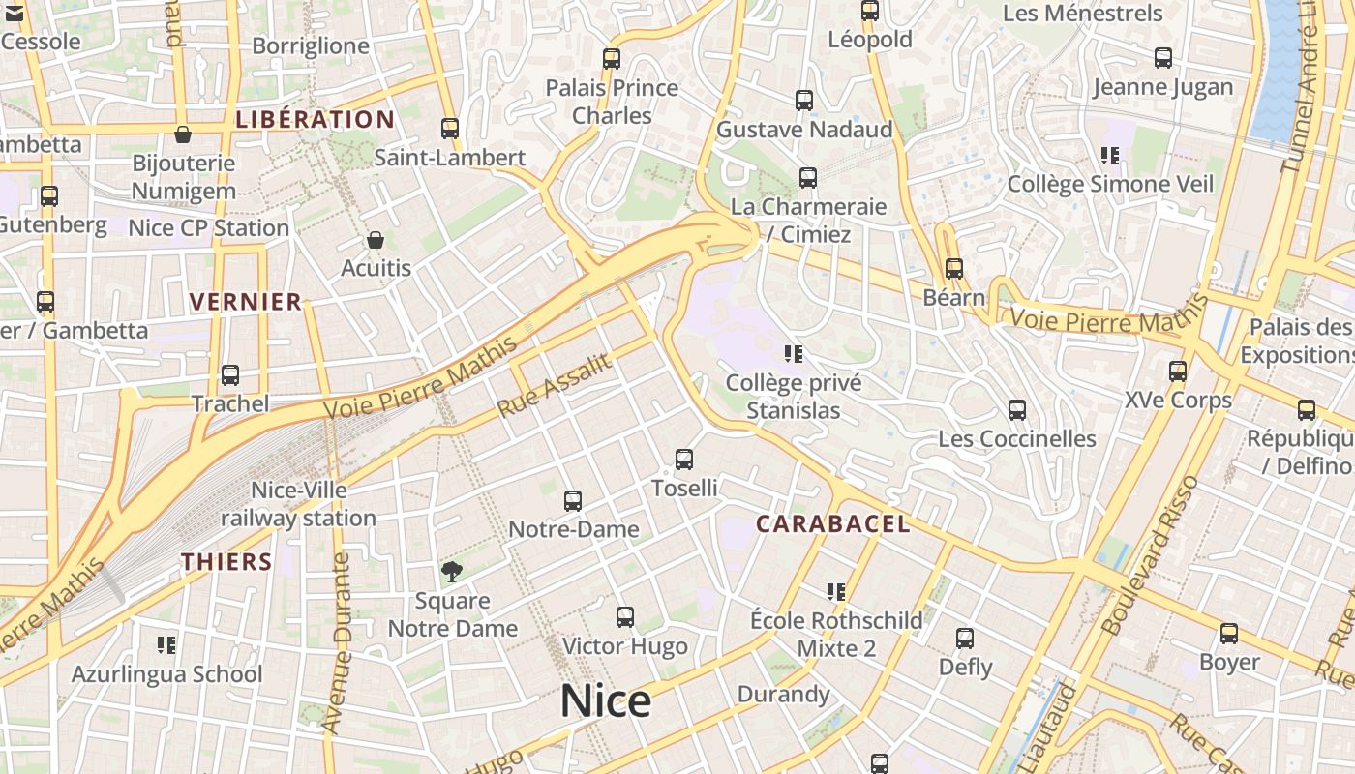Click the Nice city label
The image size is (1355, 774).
point(605,700)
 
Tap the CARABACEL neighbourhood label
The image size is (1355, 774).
point(832,524)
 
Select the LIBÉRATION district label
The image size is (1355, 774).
point(316,120)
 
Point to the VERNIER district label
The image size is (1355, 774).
point(246,302)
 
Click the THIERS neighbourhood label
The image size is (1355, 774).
point(226,562)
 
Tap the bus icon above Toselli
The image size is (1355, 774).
point(684,460)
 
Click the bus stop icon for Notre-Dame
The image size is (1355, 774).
point(573,501)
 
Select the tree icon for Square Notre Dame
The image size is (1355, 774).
point(451,572)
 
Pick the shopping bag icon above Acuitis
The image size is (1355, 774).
point(376,240)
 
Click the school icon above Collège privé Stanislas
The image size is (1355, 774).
point(794,354)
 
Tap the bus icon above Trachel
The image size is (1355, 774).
point(230,375)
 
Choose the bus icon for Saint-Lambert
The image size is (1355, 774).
point(449,129)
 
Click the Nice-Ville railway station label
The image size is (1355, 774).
point(298,504)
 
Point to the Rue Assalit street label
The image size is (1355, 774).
point(555,385)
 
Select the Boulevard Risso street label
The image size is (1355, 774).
point(1149,555)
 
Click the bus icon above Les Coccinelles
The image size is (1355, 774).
point(1017,410)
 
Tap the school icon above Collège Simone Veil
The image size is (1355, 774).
point(1110,156)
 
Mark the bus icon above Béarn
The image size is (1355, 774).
point(954,269)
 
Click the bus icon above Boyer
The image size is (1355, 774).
point(1229,635)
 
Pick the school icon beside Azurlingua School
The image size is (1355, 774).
point(166,644)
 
